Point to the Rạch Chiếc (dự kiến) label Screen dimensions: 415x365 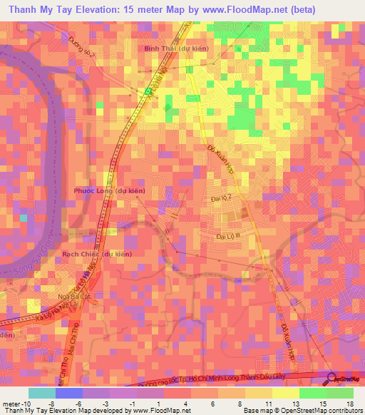point(96,254)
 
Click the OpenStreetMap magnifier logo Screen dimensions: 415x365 point(332,380)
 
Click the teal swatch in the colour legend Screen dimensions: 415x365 point(41,392)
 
